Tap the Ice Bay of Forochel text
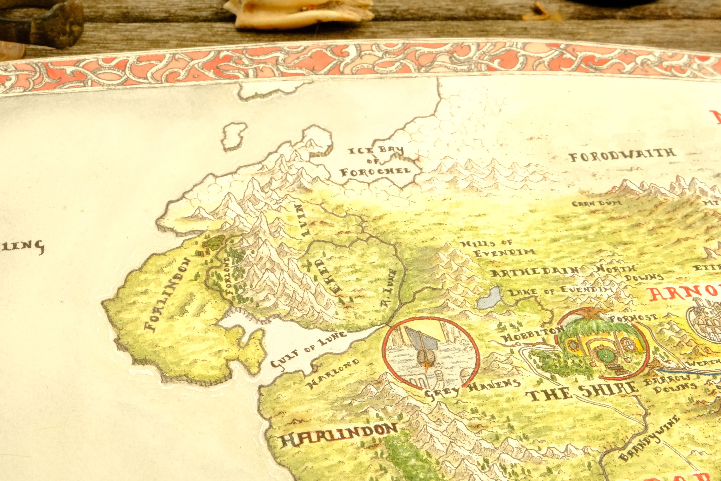point(375,162)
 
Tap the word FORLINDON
point(168,295)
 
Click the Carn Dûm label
point(597,203)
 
